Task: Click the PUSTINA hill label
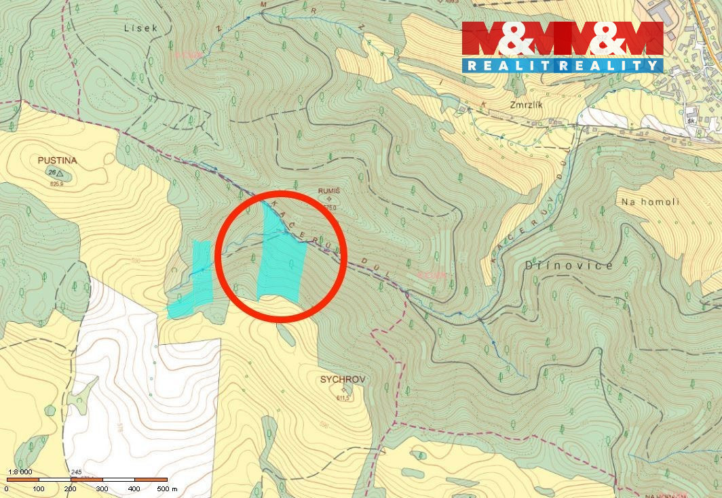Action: pos(58,161)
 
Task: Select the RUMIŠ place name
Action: pos(328,191)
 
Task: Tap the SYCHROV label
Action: pos(343,380)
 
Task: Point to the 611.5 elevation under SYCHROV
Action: pos(343,398)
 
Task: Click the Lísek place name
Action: pos(141,28)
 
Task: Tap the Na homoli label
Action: pos(650,202)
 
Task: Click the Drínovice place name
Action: pos(569,265)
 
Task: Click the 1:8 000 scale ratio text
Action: pos(20,472)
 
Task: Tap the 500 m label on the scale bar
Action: pos(166,489)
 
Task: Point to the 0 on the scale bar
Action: pos(7,489)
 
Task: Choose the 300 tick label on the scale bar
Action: pos(102,489)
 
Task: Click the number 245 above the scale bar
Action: pos(76,472)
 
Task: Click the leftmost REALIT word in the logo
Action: pos(499,65)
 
